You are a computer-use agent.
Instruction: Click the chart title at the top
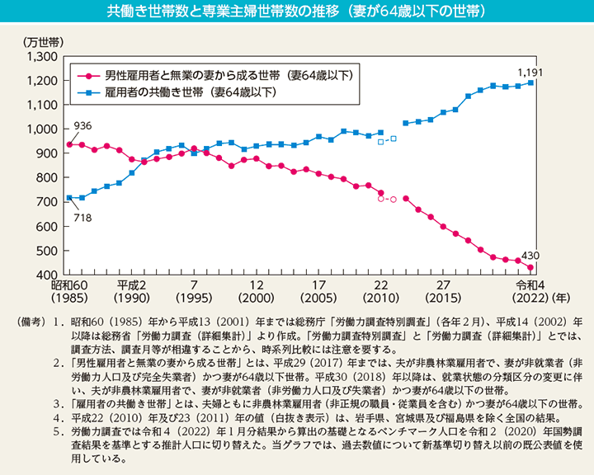coord(296,12)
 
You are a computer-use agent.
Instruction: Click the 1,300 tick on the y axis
coord(40,56)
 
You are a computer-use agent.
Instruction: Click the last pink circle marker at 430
coord(530,267)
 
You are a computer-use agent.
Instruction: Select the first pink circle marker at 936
coord(69,144)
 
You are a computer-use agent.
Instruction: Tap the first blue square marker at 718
coord(69,197)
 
